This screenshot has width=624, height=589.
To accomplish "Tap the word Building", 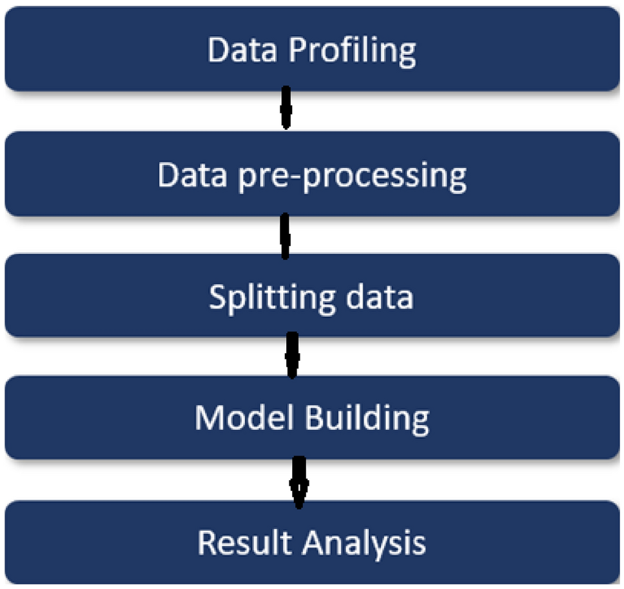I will click(366, 419).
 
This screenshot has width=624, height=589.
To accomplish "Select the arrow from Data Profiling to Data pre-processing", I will click(286, 108).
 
